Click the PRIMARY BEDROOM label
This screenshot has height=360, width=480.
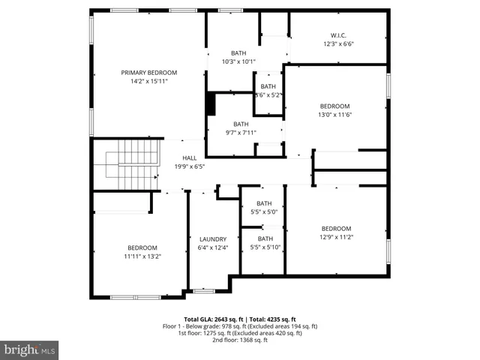click(149, 73)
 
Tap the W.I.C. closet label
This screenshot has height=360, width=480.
click(338, 34)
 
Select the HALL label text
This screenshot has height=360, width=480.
click(190, 157)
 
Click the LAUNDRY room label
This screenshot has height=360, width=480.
click(212, 239)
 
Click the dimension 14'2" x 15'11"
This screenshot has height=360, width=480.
click(149, 81)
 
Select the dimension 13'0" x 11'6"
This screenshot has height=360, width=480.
click(335, 114)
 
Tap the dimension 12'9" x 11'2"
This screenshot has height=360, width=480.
click(337, 237)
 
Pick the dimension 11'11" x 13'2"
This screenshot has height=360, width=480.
click(142, 256)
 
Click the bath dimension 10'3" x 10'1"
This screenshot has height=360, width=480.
click(238, 61)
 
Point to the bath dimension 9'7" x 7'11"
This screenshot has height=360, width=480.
click(241, 133)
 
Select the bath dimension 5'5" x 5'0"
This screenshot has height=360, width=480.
click(264, 212)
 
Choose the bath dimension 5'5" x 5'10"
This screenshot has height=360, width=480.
click(264, 247)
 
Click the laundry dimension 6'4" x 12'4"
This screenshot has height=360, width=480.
click(212, 247)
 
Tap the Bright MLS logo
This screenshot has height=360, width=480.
click(30, 349)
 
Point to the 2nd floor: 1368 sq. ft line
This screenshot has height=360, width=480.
click(240, 340)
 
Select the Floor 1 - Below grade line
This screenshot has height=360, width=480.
click(240, 326)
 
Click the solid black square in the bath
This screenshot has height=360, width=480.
click(211, 103)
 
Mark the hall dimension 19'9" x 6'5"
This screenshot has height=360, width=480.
click(190, 166)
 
